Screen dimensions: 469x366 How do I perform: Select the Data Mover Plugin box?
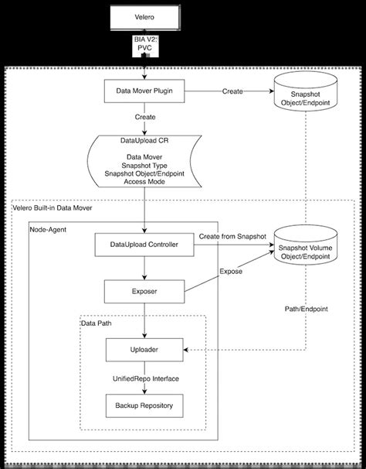click(x=144, y=91)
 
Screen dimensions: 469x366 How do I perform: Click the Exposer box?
click(x=144, y=292)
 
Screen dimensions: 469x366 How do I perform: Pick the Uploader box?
click(x=144, y=351)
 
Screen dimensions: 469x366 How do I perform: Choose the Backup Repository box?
click(x=144, y=405)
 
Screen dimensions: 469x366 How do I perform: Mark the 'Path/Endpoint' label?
click(x=306, y=308)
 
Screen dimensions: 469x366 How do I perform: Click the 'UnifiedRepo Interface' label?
click(x=144, y=379)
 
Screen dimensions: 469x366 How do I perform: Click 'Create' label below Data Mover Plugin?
click(x=144, y=118)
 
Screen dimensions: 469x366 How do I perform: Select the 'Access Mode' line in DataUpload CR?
click(x=144, y=182)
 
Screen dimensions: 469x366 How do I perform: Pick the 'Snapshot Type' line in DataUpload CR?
click(x=144, y=164)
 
